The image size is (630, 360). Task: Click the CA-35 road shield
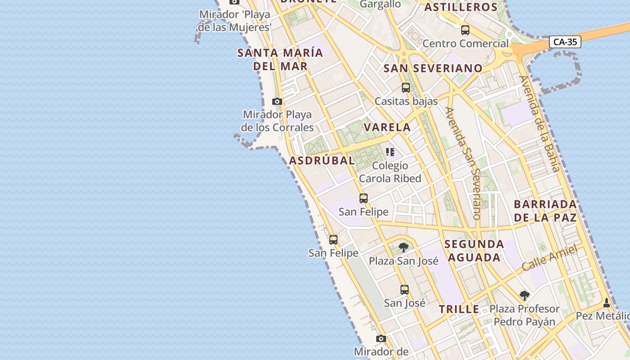pos(565,42)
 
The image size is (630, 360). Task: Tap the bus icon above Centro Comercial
pos(465,30)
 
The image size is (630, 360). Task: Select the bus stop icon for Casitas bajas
pos(406,88)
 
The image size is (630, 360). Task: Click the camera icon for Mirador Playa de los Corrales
pos(277,102)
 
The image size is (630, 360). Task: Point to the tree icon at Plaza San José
pos(404,247)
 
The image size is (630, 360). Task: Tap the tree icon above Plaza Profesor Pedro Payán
pos(524,296)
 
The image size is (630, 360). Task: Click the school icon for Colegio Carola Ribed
pos(390,152)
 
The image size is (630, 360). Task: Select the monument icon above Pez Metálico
pos(607,302)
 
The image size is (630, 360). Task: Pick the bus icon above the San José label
pos(405,290)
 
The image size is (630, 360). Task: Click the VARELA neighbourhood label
pos(387,127)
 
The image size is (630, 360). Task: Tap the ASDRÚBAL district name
pos(322,161)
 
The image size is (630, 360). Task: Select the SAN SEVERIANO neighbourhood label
pos(433,68)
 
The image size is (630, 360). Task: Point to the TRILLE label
pos(459,310)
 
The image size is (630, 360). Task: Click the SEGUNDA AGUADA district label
pos(474,251)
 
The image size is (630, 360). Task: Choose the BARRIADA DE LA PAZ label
pos(545,211)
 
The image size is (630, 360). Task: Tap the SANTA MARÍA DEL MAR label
pos(280,59)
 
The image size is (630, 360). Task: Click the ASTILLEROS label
pos(461,7)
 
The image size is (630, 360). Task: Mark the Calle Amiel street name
pos(549,258)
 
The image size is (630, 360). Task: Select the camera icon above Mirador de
pos(381,339)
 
